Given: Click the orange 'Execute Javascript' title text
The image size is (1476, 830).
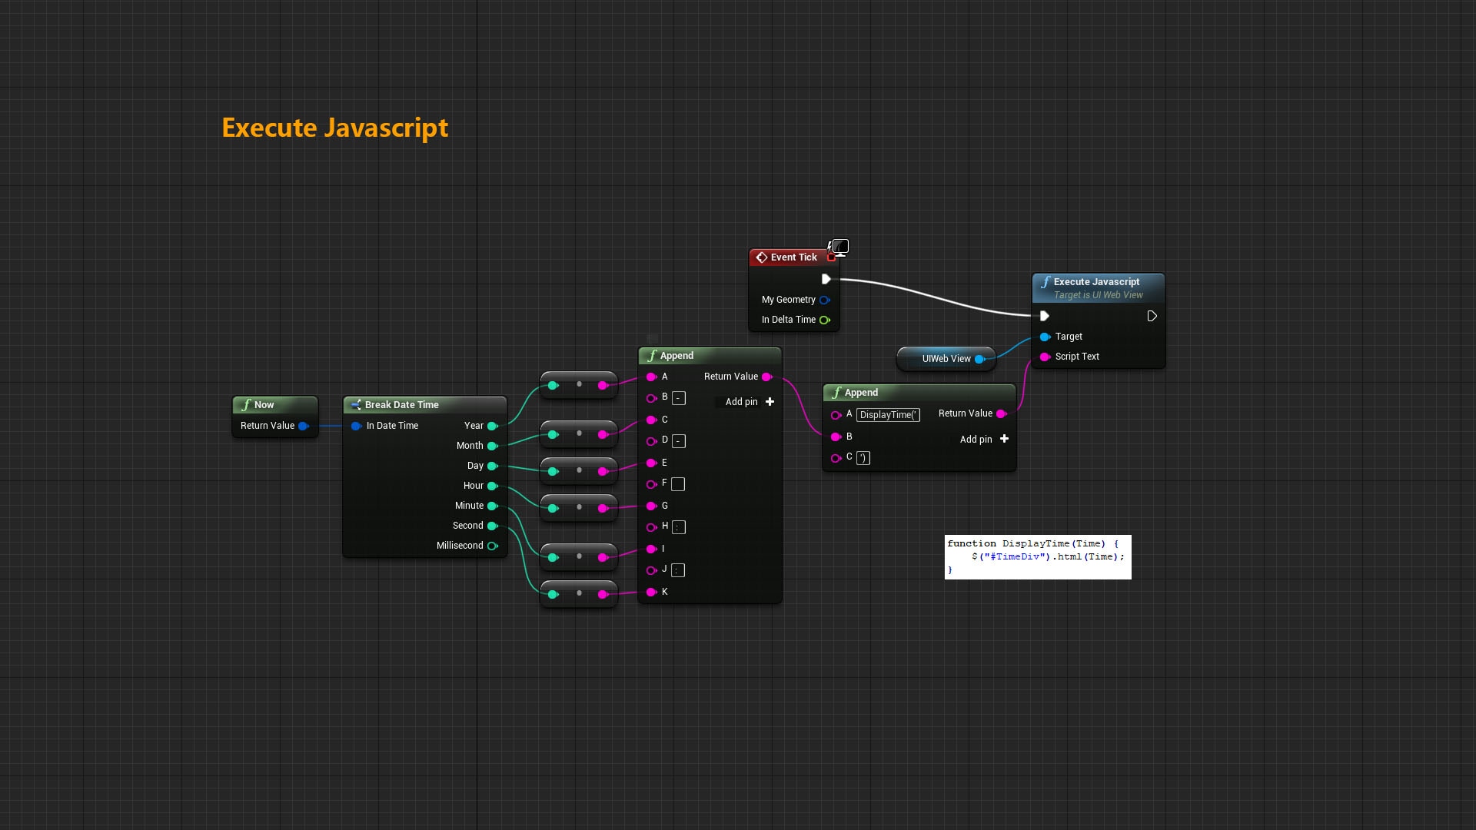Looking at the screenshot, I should point(334,128).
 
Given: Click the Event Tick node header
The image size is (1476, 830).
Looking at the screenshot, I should point(788,257).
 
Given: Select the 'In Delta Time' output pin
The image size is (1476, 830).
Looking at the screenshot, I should point(824,320).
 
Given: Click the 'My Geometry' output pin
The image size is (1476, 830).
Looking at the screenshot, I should point(824,300).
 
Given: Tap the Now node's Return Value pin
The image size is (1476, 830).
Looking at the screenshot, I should point(303,426).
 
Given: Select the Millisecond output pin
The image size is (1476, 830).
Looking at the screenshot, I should point(492,546).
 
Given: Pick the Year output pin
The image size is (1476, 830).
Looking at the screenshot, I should point(492,426).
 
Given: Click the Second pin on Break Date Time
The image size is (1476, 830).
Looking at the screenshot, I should point(492,526).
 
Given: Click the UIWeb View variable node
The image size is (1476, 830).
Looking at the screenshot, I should point(946,359).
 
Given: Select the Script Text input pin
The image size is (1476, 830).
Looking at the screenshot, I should point(1045,357).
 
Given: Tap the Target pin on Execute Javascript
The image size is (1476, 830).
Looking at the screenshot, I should point(1045,337).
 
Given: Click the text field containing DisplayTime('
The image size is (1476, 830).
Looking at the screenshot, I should point(888,415).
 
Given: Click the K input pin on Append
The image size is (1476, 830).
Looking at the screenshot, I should point(651,592).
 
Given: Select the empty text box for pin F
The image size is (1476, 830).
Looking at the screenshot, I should point(678,484).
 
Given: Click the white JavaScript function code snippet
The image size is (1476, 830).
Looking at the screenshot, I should point(1037,556).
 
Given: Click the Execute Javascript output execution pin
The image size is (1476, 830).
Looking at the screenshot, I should point(1152,316).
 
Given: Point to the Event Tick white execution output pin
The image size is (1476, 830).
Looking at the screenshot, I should point(826,279).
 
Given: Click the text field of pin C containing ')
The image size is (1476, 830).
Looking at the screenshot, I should point(863,458).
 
